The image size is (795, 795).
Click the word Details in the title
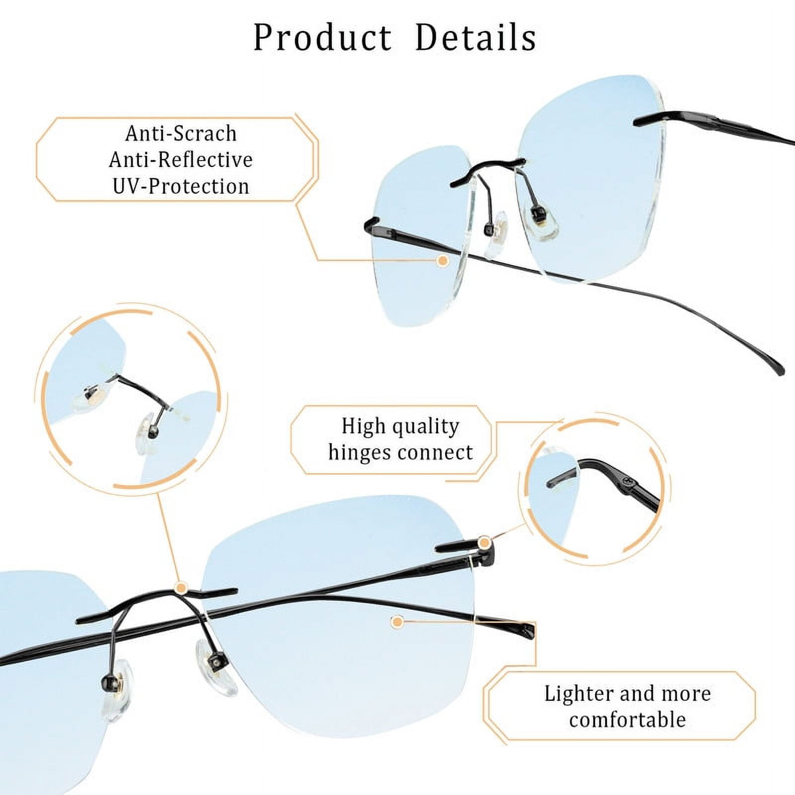point(476,37)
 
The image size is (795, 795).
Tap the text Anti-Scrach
point(181,133)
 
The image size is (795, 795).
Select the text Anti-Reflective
point(181,159)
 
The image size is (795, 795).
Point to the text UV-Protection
point(181,186)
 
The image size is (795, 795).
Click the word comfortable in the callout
point(628,719)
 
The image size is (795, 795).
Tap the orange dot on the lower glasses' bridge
point(182,588)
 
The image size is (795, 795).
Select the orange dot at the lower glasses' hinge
point(484,542)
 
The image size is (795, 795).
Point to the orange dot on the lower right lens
point(397,621)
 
